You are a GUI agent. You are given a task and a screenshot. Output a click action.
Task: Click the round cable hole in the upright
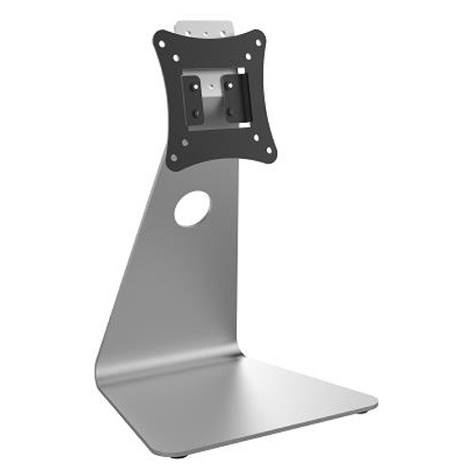(192, 208)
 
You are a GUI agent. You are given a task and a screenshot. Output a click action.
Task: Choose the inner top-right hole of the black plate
(249, 57)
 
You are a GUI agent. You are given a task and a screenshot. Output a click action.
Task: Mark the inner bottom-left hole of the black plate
(184, 142)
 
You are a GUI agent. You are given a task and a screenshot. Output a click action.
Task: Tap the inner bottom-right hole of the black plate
(257, 136)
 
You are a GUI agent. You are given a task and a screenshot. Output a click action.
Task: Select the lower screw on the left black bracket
(197, 113)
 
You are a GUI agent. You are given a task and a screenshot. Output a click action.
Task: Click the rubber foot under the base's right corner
(365, 412)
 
